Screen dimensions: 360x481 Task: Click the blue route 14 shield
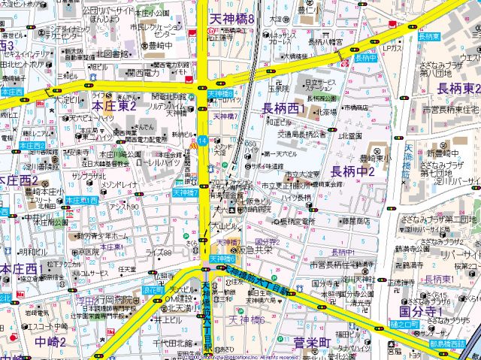pos(202,141)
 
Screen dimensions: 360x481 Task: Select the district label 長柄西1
pos(283,110)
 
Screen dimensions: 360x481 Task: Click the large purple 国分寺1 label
pos(421,311)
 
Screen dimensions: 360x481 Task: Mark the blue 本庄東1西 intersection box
pos(80,201)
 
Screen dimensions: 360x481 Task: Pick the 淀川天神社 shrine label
pos(358,279)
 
